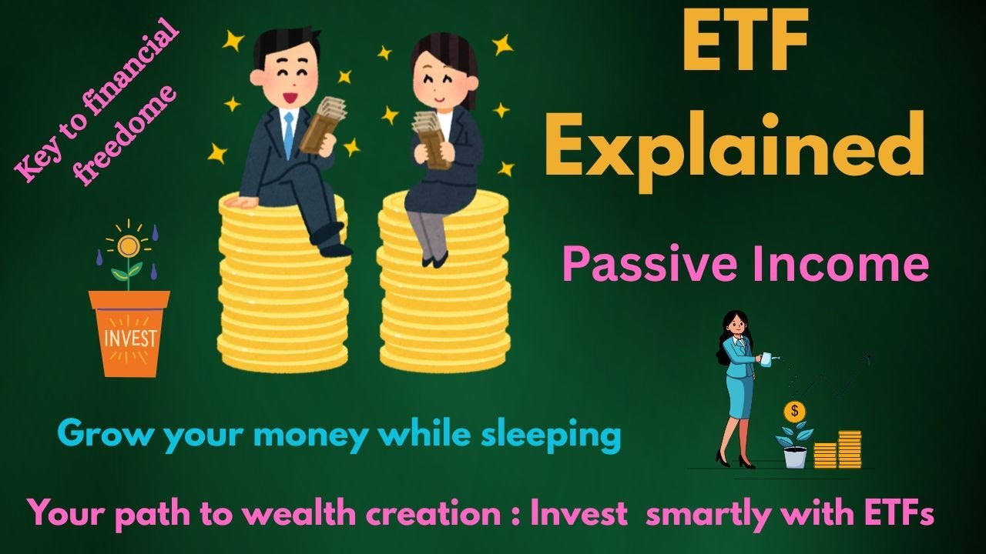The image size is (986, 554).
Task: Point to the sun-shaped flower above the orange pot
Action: [x=128, y=246]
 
